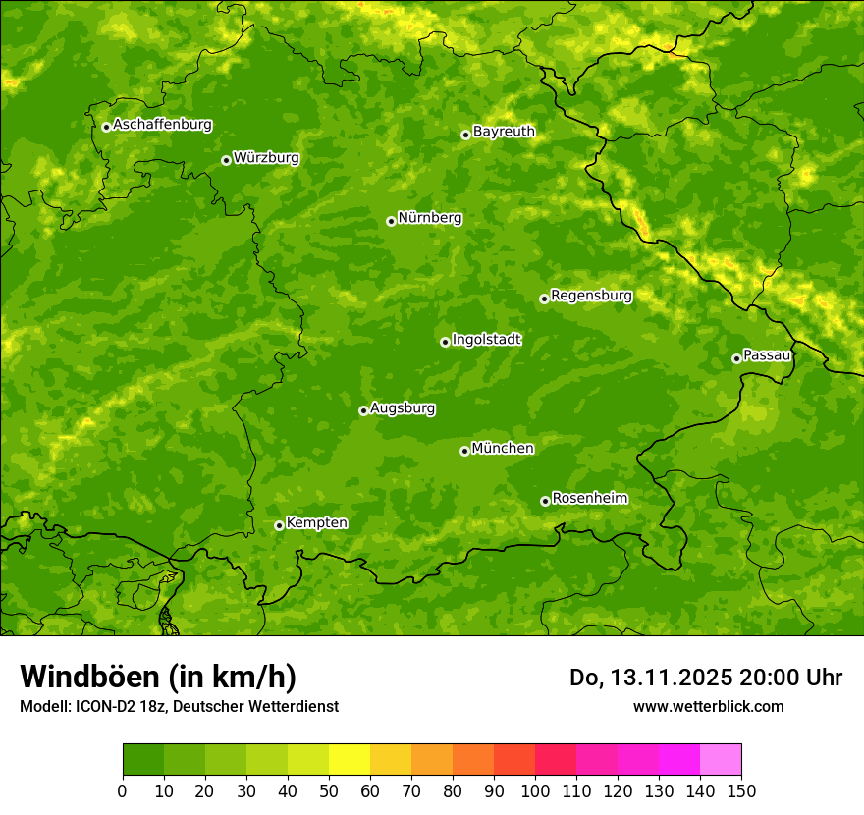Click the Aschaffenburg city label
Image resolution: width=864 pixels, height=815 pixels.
162,125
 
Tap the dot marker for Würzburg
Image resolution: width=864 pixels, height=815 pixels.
226,160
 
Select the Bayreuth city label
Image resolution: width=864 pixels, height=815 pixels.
504,132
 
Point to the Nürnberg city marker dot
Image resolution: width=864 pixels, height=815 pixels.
391,221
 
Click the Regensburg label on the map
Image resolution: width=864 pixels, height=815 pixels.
591,296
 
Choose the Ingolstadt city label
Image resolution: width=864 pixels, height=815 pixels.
486,340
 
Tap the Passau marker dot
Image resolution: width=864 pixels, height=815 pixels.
736,358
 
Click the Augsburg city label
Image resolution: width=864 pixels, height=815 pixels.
403,408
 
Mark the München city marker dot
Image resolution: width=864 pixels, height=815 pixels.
464,451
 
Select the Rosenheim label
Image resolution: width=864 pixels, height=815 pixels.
589,499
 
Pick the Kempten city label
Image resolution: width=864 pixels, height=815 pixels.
316,523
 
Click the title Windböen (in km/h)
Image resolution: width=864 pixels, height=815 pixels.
158,677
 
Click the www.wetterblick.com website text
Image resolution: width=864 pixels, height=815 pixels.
708,706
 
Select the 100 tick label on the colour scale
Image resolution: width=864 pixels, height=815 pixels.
535,791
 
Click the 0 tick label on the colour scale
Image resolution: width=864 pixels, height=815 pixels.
123,791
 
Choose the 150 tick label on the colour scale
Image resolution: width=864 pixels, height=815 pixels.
741,791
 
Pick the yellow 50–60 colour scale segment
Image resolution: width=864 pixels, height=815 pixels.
350,759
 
